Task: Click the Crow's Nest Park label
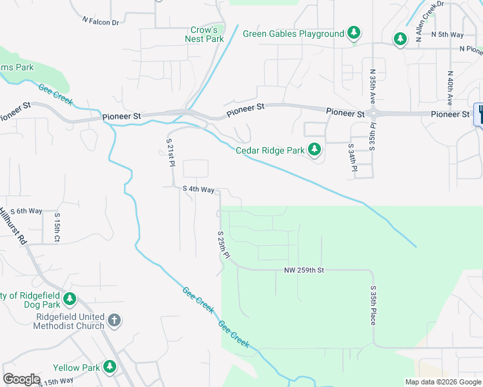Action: [207, 34]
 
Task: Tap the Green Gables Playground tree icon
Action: [353, 33]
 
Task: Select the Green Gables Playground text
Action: [293, 34]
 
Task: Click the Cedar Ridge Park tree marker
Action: [314, 150]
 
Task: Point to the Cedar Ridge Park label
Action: [270, 150]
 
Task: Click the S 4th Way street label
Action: [198, 190]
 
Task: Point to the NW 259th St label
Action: [303, 270]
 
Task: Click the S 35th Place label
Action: [373, 306]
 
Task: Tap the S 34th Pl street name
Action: [353, 161]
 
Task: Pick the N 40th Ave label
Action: [449, 88]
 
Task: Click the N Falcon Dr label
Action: [101, 21]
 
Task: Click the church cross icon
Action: [114, 320]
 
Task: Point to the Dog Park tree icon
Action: [70, 299]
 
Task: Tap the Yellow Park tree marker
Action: [110, 367]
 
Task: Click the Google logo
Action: [21, 379]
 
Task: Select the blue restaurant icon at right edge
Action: [479, 114]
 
